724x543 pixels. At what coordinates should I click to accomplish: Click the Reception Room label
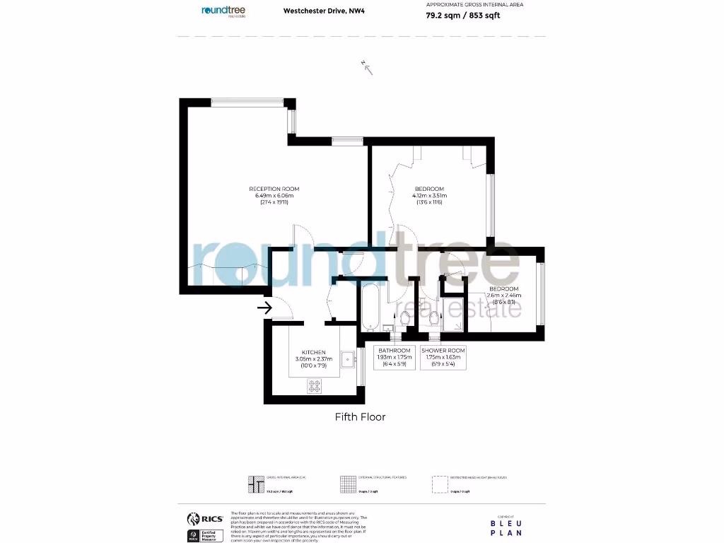point(274,189)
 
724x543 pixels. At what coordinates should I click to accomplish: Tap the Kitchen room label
point(313,352)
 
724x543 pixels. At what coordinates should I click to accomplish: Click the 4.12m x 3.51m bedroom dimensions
point(429,196)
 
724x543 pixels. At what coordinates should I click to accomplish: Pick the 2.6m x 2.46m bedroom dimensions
point(504,295)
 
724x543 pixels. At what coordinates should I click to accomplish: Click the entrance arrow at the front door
point(265,308)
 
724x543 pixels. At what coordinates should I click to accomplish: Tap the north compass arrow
point(367,67)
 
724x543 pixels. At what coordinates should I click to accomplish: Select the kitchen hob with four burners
point(315,386)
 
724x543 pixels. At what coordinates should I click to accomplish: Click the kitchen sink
point(346,360)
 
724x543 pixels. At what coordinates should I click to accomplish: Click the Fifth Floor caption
point(360,417)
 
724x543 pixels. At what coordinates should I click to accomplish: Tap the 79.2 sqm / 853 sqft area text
point(463,16)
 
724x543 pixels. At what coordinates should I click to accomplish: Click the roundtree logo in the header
point(223,11)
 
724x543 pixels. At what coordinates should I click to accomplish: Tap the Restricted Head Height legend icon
point(440,484)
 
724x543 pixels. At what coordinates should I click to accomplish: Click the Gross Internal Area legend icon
point(257,484)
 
